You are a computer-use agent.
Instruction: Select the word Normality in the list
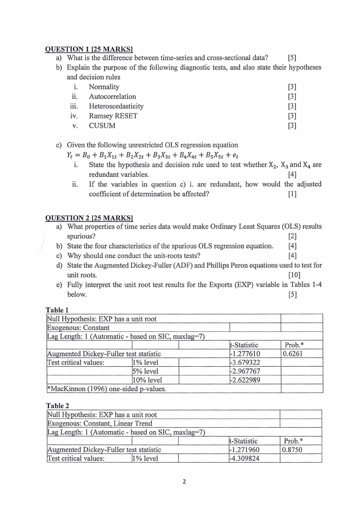104,87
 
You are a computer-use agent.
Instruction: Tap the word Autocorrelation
112,96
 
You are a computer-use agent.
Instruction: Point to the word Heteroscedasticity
116,106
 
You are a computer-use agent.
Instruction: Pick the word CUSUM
102,125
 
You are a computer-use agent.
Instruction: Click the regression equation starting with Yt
151,155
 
